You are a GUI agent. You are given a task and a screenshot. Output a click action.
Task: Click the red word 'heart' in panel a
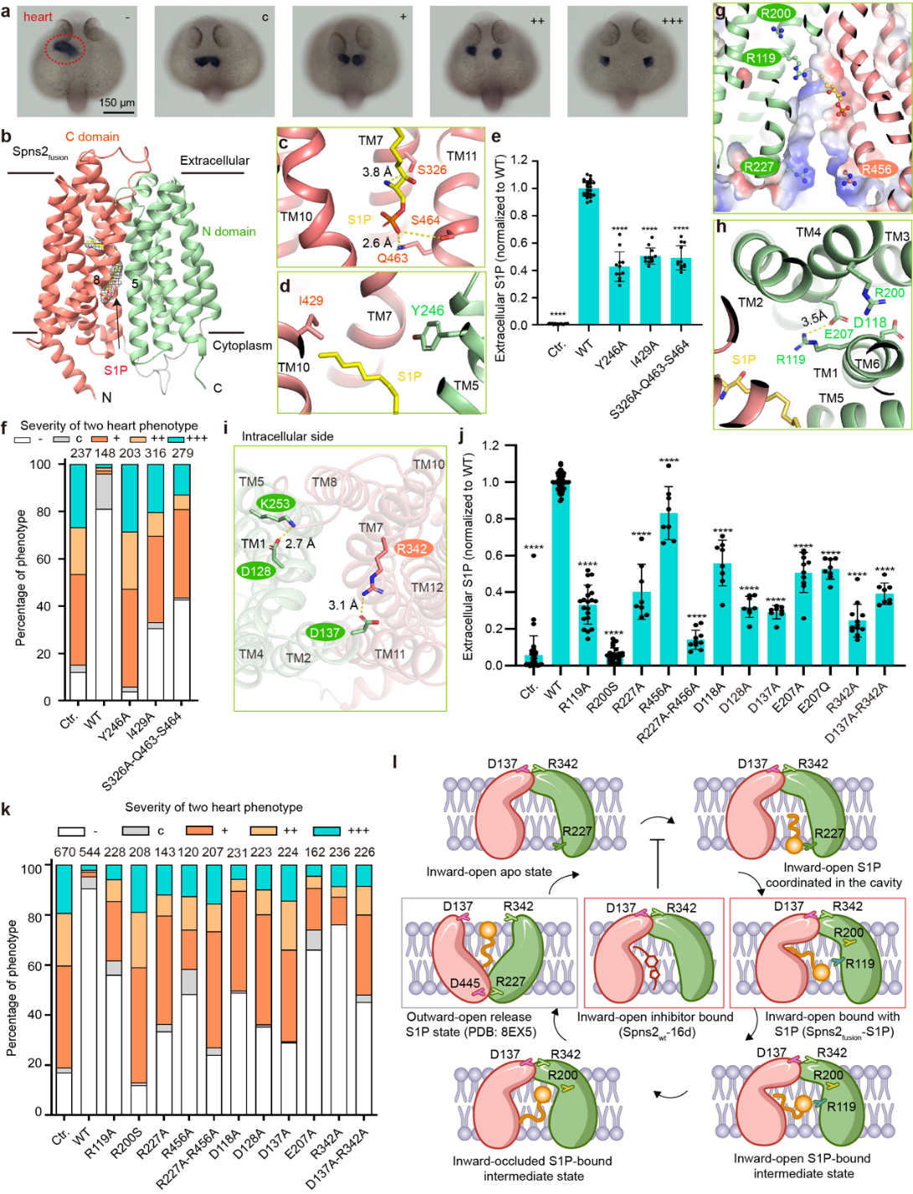38,17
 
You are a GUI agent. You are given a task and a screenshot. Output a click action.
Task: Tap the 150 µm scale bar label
117,103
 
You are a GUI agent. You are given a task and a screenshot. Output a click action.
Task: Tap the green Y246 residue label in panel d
427,311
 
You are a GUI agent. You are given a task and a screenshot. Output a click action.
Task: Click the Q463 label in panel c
392,258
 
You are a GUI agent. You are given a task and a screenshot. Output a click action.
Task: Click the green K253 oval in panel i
275,503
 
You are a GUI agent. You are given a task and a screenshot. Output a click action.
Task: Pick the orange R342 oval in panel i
411,548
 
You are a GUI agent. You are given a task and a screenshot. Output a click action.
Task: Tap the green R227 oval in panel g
758,167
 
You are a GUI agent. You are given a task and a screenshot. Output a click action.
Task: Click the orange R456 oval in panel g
876,169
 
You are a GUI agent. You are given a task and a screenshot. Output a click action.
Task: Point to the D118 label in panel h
870,323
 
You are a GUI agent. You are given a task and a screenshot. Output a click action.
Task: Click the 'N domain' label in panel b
229,231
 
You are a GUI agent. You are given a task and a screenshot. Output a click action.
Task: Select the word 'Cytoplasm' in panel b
242,345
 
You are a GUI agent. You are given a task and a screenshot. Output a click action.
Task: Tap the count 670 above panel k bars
64,852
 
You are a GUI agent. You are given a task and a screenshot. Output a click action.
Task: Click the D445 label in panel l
464,983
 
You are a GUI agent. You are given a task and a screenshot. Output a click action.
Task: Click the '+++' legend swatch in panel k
327,831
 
